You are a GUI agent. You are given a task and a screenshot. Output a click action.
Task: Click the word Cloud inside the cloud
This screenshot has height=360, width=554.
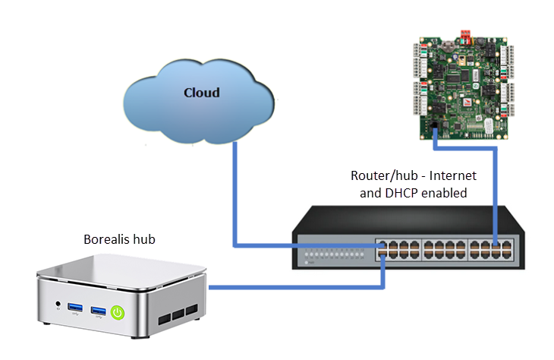pyautogui.click(x=201, y=93)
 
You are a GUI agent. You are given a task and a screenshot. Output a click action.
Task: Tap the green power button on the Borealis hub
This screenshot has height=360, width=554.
pyautogui.click(x=118, y=311)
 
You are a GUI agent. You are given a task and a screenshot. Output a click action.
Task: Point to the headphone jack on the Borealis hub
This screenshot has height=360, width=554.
pyautogui.click(x=58, y=305)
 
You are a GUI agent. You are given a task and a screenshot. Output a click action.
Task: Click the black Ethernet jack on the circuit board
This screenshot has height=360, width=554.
pyautogui.click(x=433, y=125)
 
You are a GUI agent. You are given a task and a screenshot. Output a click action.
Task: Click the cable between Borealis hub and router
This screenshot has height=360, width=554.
pyautogui.click(x=296, y=287)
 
